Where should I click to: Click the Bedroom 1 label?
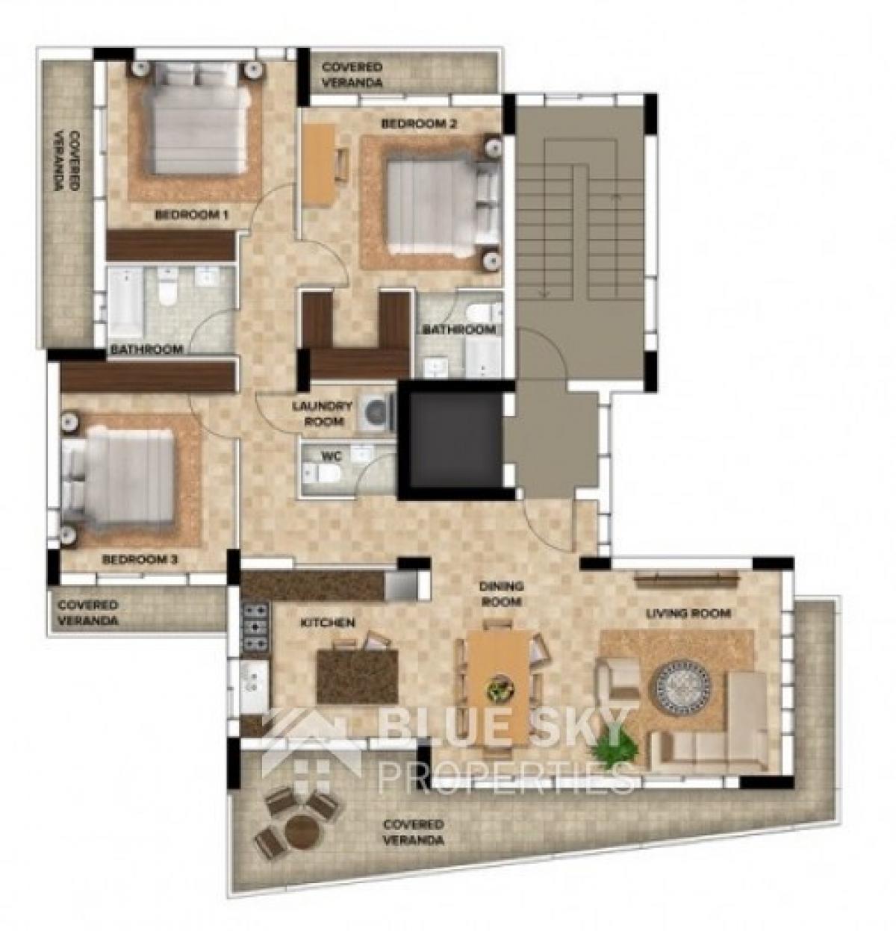point(191,215)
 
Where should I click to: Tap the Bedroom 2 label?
point(419,124)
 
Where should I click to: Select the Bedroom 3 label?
point(140,559)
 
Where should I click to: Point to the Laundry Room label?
point(322,414)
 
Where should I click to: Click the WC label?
point(332,456)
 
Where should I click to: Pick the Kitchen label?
point(328,623)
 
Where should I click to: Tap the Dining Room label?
point(501,594)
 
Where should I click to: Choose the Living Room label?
point(688,613)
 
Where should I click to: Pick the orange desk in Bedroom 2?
point(319,165)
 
